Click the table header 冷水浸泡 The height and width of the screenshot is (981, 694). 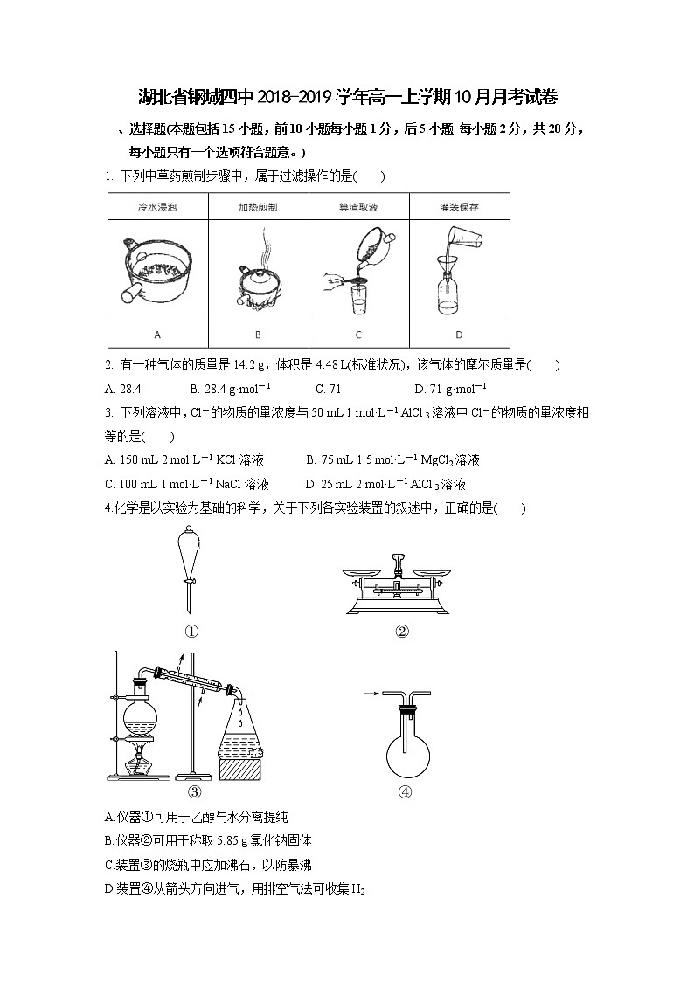(157, 208)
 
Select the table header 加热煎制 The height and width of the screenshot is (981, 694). (258, 208)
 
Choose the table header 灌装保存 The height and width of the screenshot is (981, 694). (459, 208)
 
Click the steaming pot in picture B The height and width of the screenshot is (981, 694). (258, 284)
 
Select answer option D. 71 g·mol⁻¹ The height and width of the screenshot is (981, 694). (450, 389)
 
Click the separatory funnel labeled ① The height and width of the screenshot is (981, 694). (188, 559)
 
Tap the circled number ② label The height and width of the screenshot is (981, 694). (402, 632)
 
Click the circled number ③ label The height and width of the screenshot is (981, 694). (194, 792)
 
